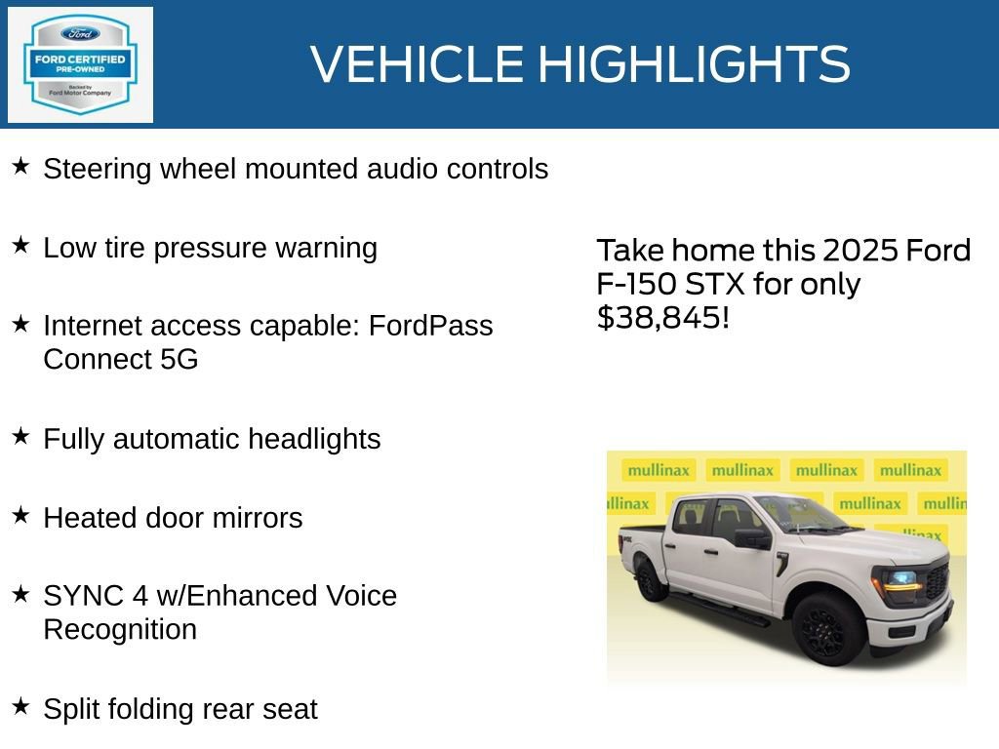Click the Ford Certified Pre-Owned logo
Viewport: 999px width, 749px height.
coord(80,64)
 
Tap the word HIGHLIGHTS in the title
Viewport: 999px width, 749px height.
coord(694,64)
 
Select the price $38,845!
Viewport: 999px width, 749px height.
coord(662,317)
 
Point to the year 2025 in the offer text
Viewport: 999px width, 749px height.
coord(860,251)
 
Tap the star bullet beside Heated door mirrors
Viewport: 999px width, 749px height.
coord(20,515)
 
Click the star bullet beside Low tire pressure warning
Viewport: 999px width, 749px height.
coord(20,245)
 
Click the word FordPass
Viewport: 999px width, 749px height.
coord(430,325)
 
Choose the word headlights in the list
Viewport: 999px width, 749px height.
coord(313,439)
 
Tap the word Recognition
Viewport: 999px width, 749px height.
coord(120,629)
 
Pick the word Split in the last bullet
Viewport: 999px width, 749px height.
coord(67,709)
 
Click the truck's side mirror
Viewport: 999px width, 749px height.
coord(753,537)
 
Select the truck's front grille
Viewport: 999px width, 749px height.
coord(937,583)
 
